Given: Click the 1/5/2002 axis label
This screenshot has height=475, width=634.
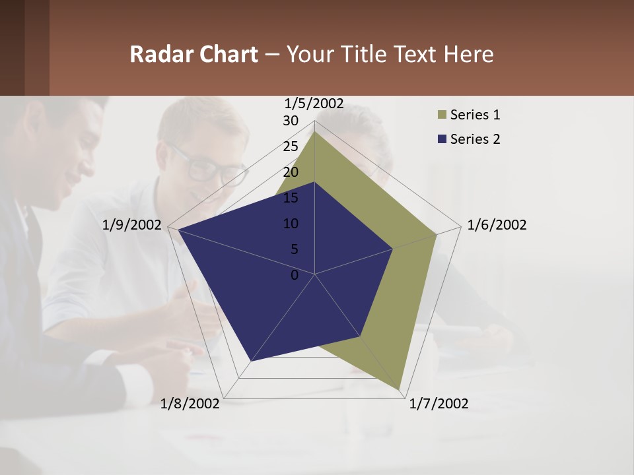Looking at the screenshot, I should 314,103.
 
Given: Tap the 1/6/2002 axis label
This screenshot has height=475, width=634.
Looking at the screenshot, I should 497,226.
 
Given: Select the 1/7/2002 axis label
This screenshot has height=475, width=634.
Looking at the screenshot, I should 439,404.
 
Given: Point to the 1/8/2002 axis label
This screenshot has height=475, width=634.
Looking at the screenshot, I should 190,404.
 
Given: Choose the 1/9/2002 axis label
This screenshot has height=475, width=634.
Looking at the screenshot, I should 132,226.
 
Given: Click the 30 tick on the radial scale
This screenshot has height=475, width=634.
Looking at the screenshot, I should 291,121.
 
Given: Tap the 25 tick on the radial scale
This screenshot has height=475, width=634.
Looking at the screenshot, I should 291,146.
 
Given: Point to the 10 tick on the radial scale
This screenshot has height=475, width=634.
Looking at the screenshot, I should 291,224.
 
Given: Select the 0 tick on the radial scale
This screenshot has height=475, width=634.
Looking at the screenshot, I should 295,275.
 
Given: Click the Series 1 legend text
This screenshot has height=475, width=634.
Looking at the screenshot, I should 475,115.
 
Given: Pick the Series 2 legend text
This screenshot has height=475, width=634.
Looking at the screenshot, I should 475,139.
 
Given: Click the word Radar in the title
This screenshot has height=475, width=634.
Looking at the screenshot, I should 156,54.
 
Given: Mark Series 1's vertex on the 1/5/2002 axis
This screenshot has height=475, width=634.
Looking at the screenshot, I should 314,131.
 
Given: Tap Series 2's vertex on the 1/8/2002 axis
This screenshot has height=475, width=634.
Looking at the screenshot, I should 250,361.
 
